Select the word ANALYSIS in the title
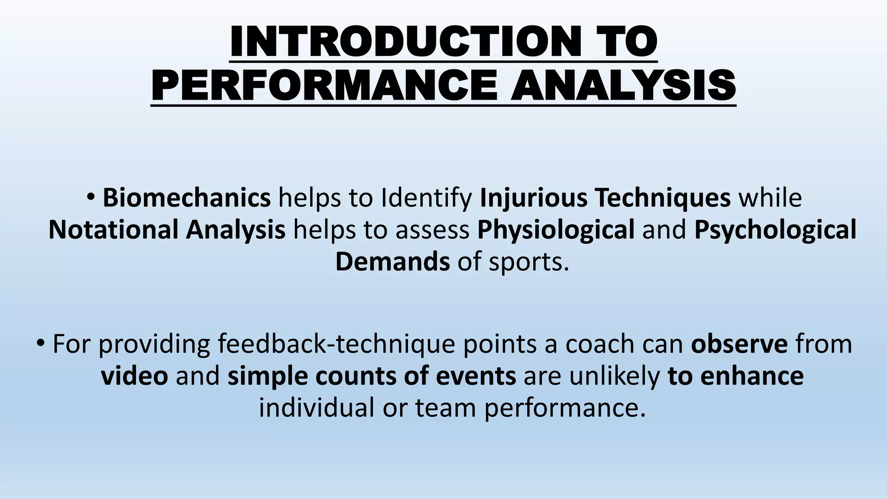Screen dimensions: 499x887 click(x=623, y=85)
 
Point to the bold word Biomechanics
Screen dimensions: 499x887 click(x=187, y=198)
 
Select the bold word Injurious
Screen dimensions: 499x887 click(x=533, y=198)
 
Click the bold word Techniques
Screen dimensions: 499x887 click(x=663, y=198)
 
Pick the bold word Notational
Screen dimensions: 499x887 click(x=113, y=230)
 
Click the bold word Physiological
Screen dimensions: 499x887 click(x=556, y=230)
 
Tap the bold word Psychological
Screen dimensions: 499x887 click(x=775, y=230)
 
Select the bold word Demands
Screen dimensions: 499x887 click(x=392, y=262)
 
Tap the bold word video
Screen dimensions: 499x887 click(x=134, y=376)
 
